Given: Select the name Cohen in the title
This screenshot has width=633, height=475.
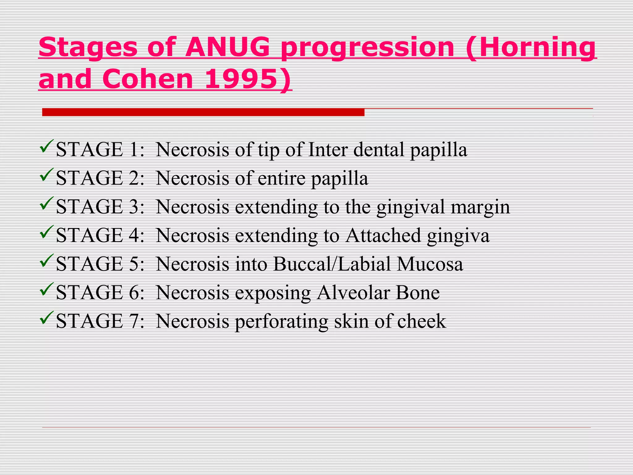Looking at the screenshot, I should [148, 79].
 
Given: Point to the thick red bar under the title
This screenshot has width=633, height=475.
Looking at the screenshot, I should [203, 112].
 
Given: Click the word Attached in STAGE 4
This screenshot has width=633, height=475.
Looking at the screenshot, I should [383, 236].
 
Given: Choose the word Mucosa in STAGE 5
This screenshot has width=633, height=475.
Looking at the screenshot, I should [430, 264].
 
